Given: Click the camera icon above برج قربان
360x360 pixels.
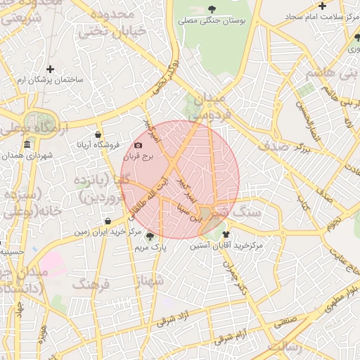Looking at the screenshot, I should tap(138, 146).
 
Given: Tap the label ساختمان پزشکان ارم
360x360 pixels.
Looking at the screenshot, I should tap(50, 80).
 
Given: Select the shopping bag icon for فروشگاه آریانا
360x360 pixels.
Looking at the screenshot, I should tap(97, 134).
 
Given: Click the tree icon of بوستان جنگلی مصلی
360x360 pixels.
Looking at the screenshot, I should tap(212, 9).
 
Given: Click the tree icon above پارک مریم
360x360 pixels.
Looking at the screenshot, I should tap(150, 236).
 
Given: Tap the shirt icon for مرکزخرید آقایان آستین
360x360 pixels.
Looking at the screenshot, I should tap(226, 234).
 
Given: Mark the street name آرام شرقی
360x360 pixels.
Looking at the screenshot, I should tap(250, 336).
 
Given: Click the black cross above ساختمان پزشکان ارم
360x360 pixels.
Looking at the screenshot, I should tap(50, 69).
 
